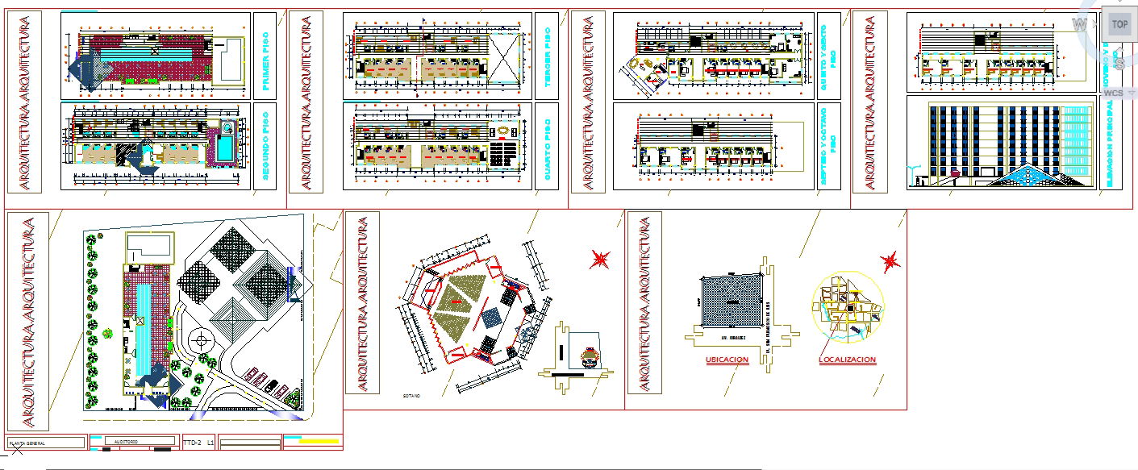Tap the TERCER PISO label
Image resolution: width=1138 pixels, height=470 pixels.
click(x=547, y=54)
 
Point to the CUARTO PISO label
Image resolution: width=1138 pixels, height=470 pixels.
click(x=547, y=146)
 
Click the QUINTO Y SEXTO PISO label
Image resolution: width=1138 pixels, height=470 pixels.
click(x=827, y=54)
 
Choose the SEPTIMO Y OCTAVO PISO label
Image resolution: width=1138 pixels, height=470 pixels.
click(x=827, y=146)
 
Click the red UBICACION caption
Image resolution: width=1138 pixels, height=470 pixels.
click(x=727, y=360)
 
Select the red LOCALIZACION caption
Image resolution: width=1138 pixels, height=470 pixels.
click(x=847, y=360)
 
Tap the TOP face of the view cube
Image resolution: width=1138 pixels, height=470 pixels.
click(x=1119, y=24)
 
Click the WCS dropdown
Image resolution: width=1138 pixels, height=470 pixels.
click(x=1114, y=93)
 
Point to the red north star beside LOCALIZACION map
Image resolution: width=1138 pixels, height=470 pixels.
click(x=890, y=261)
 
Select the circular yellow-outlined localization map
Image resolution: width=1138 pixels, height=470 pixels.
click(x=847, y=307)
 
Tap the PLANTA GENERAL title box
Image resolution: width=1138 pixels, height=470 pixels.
click(x=44, y=443)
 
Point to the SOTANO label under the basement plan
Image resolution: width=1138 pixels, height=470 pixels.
click(x=411, y=397)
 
